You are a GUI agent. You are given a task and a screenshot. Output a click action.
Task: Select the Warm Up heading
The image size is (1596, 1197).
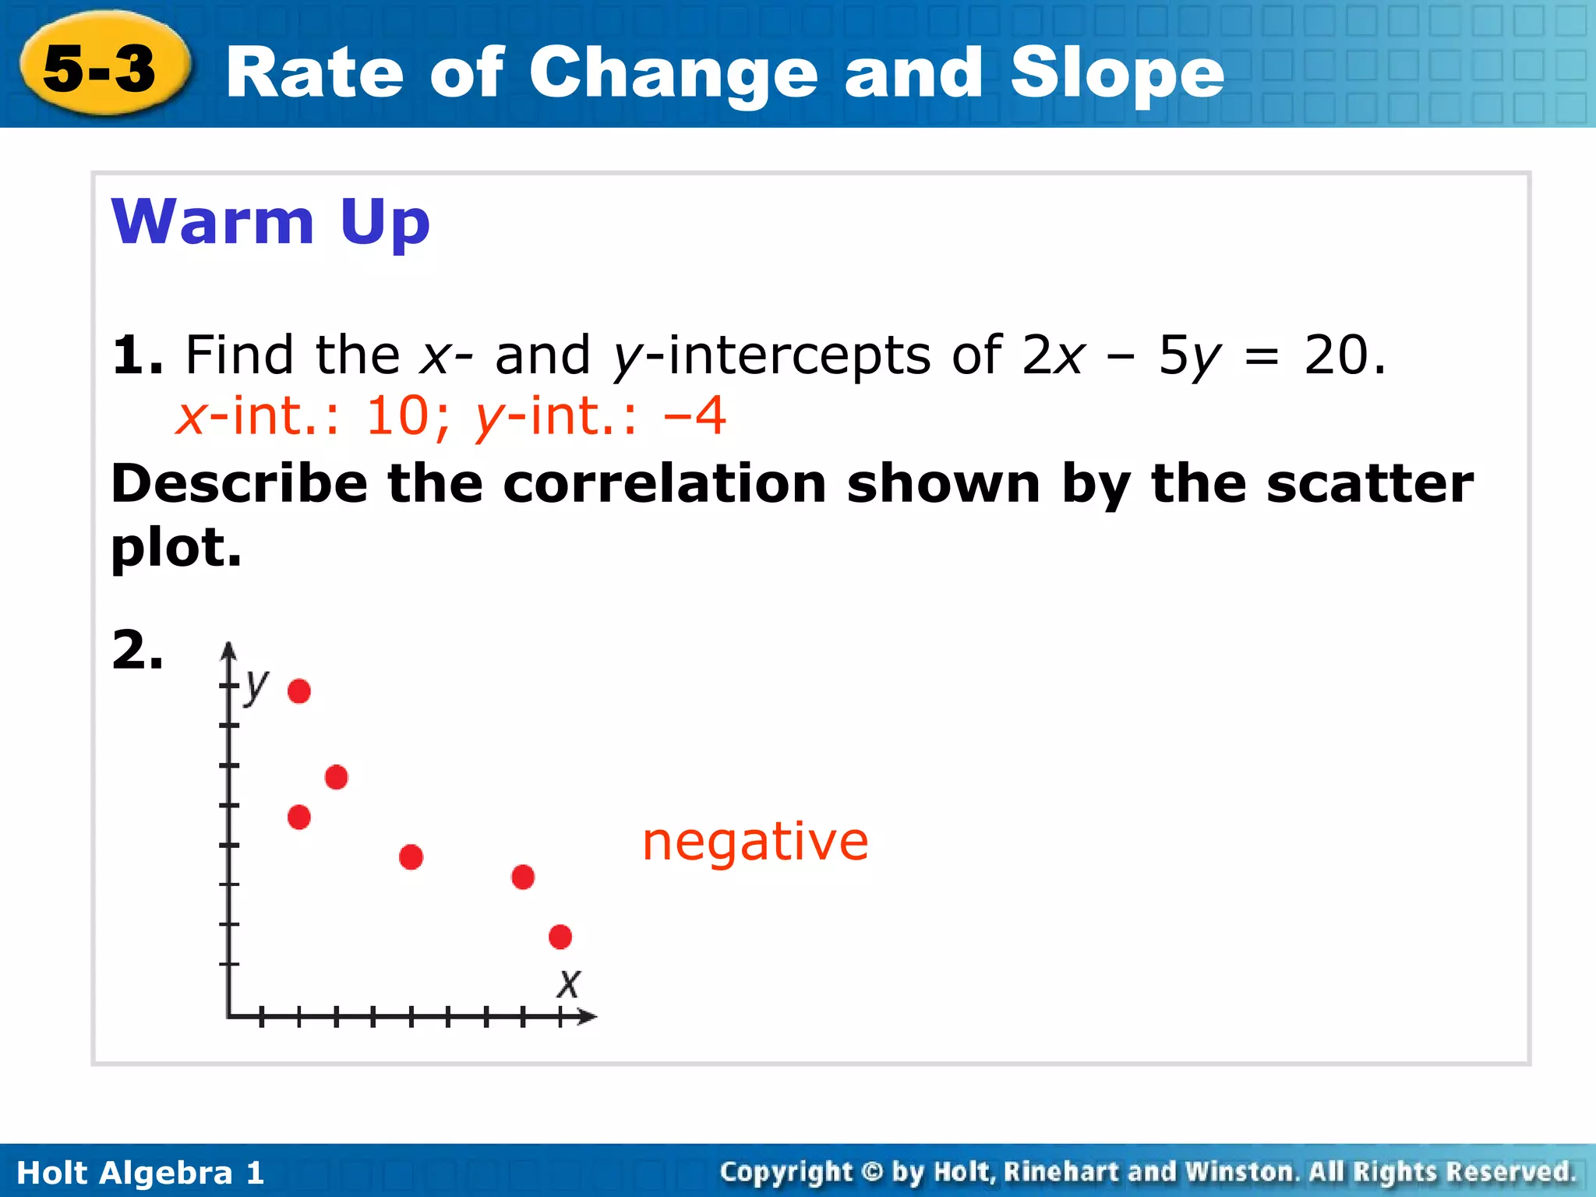coord(270,222)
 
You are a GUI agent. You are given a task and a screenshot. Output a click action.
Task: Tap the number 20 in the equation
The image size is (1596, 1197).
coord(1336,355)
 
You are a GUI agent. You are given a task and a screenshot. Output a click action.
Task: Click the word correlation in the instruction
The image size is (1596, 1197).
coord(664,484)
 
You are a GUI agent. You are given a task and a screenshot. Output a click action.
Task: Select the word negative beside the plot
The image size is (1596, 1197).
coord(754,842)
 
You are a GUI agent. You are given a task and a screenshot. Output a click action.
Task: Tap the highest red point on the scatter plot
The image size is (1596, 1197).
coord(299,691)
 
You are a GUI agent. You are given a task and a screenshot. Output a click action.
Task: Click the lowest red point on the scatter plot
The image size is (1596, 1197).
coord(560,937)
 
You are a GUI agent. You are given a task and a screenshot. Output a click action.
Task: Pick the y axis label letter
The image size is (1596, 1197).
coord(256,686)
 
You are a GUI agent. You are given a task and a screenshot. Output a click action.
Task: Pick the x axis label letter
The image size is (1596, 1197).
coord(569,983)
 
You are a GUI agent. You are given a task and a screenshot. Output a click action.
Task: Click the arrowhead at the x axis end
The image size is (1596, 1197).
coord(588,1016)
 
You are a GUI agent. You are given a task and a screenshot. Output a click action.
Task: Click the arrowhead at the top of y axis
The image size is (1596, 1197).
coord(228,651)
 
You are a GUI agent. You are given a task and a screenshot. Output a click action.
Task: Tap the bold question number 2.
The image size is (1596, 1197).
coord(137,650)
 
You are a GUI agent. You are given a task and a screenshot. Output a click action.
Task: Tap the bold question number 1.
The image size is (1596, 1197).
coord(137,355)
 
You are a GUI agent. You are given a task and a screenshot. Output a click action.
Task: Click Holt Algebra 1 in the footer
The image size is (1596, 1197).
coord(140,1173)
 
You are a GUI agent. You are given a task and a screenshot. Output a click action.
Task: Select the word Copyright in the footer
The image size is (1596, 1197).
coord(786,1172)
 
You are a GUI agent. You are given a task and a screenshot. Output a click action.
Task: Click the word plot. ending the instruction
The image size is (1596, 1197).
coord(176,548)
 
